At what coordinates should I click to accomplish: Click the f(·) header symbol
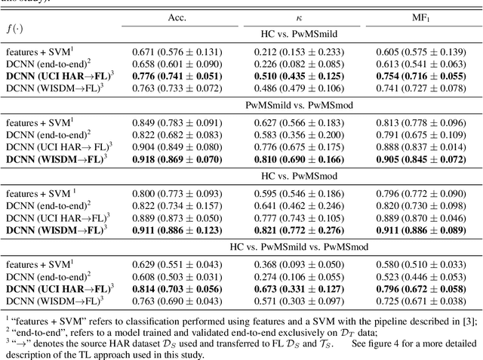pyautogui.click(x=14, y=29)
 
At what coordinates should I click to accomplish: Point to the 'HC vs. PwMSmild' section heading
pyautogui.click(x=299, y=34)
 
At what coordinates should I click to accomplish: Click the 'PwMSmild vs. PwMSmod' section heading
pyautogui.click(x=299, y=105)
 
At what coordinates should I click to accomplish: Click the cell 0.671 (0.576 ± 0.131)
pyautogui.click(x=177, y=51)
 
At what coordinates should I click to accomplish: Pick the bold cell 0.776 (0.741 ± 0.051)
pyautogui.click(x=177, y=75)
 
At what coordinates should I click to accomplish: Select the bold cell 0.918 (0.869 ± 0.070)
pyautogui.click(x=177, y=159)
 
